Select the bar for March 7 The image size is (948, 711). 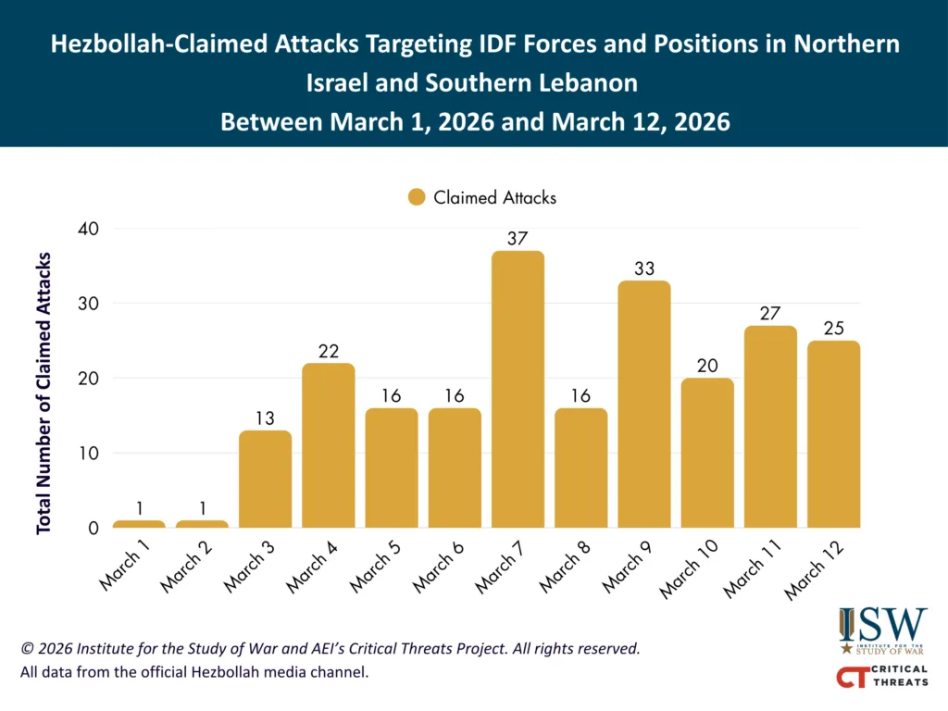click(518, 389)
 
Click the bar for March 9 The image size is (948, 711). click(643, 404)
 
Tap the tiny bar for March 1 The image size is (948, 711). click(139, 524)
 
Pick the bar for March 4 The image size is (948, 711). click(328, 445)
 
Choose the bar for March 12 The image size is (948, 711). click(833, 434)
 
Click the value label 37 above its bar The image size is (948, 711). click(518, 238)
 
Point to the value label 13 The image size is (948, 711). click(265, 418)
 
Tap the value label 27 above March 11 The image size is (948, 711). click(770, 313)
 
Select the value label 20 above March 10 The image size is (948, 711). click(707, 365)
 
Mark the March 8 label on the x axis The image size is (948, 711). click(565, 570)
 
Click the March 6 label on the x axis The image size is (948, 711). click(439, 570)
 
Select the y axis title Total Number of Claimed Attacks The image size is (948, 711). click(44, 392)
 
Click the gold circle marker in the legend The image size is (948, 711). click(417, 197)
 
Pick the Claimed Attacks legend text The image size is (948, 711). click(494, 197)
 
